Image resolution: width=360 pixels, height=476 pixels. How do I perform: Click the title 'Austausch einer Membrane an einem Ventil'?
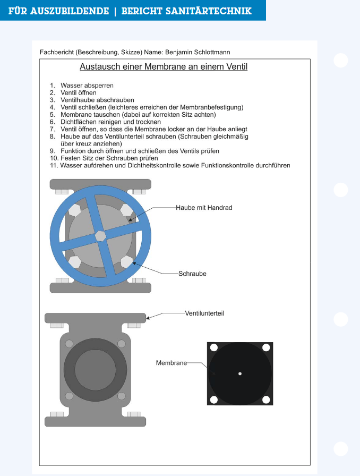click(164, 67)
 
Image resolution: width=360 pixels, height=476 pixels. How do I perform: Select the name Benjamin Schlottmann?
click(198, 52)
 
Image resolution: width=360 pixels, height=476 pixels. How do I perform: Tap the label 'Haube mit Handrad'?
click(204, 208)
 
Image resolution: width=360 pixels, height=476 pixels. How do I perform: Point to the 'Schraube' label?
click(192, 274)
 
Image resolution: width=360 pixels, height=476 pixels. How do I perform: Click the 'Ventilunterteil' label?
click(204, 313)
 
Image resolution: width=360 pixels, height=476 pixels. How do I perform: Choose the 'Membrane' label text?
click(171, 363)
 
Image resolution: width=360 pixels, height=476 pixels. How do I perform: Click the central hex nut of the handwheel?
click(100, 235)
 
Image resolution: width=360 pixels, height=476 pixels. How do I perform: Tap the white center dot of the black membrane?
click(240, 374)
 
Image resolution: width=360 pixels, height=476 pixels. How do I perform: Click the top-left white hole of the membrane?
click(213, 348)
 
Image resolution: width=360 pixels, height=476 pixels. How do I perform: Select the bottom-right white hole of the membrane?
click(267, 399)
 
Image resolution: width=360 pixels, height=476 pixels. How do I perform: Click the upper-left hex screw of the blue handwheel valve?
click(75, 210)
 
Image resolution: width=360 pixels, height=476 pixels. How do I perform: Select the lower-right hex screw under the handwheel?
click(126, 261)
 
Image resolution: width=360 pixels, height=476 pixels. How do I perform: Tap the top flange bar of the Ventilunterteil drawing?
click(95, 318)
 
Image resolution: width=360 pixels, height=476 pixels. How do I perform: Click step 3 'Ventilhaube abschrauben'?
click(97, 100)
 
